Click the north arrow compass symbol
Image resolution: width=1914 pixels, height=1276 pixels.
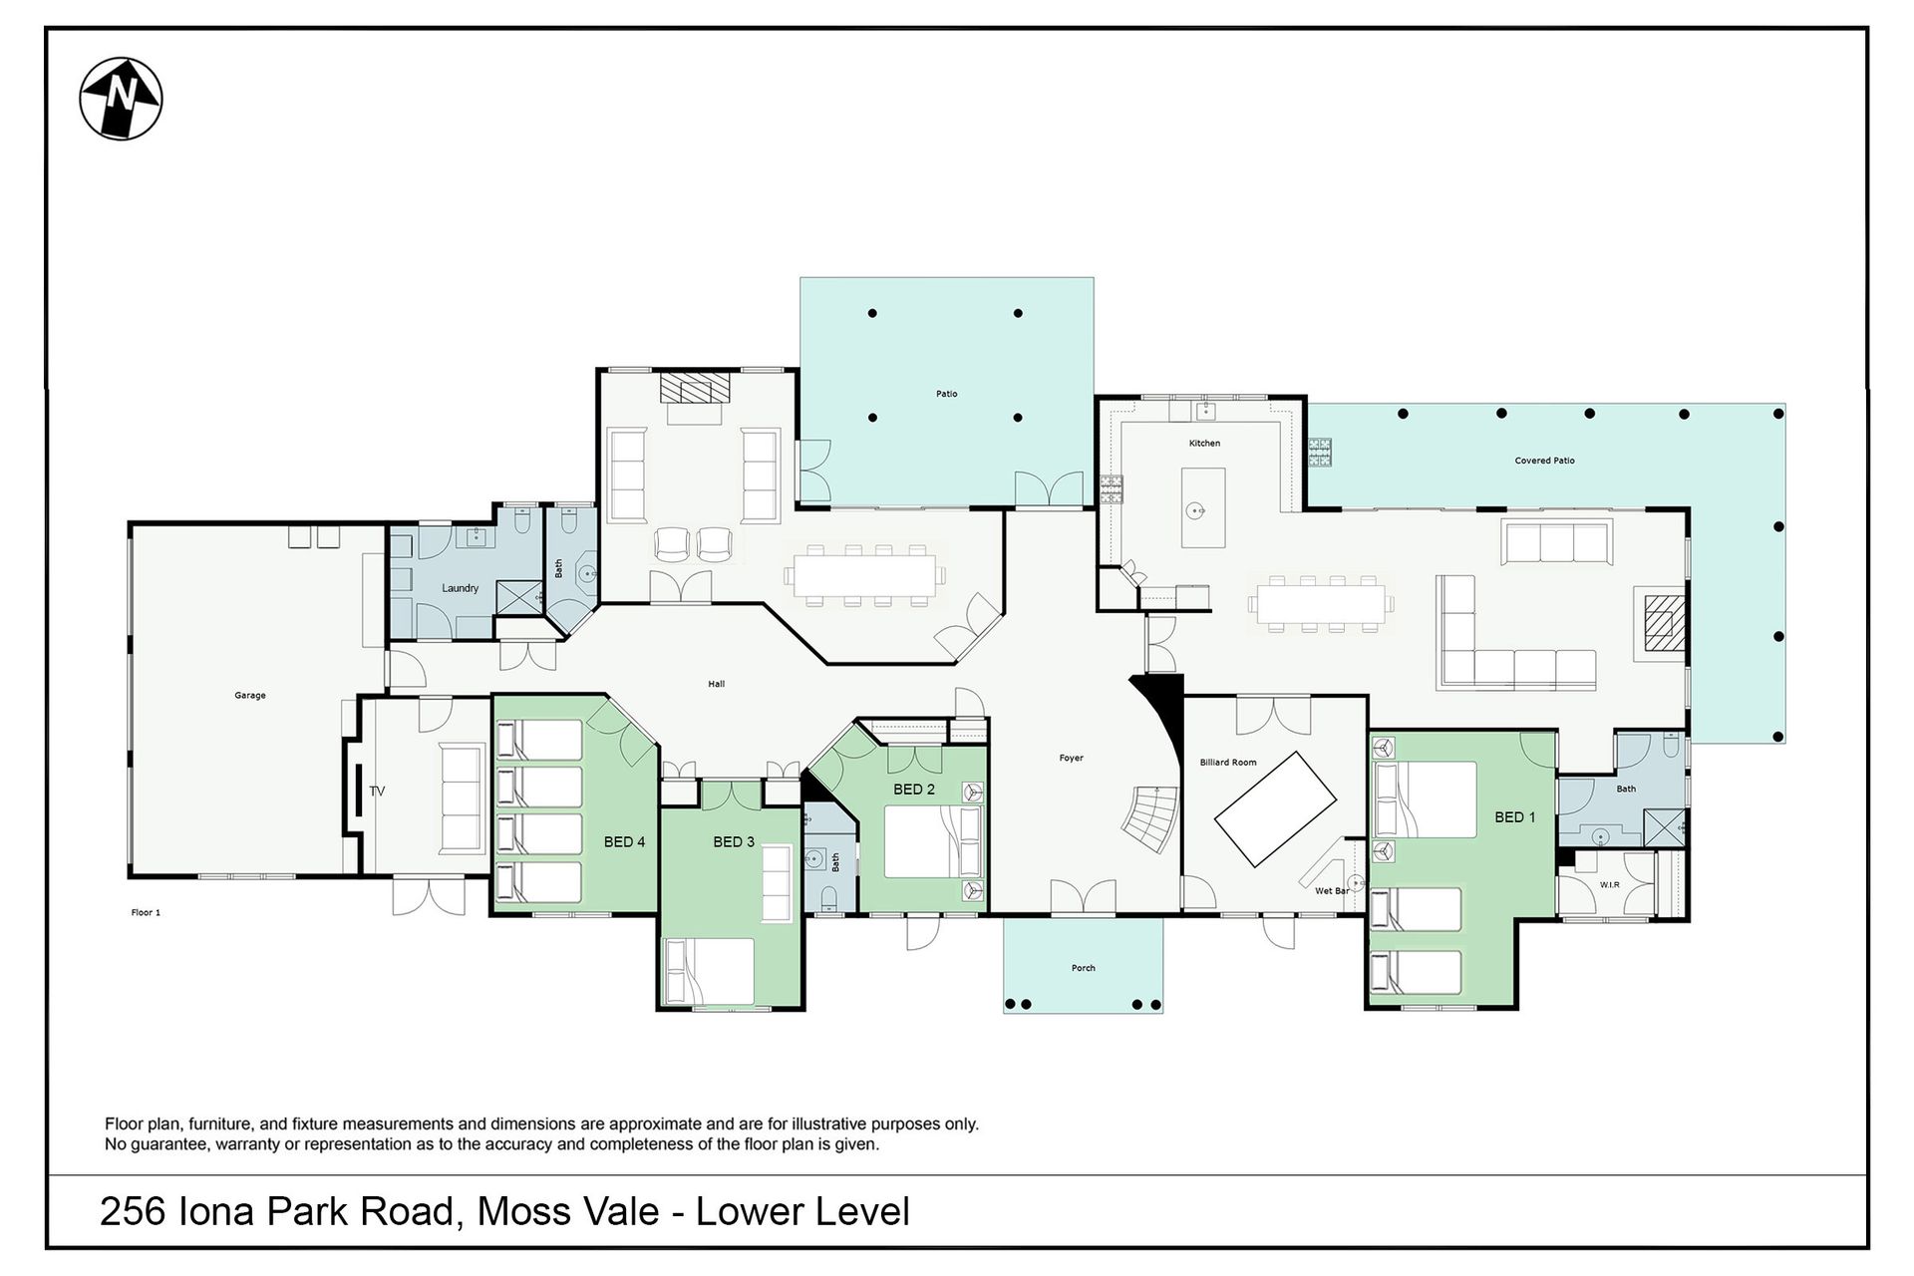(x=121, y=99)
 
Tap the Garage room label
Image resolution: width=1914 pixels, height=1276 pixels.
(x=250, y=696)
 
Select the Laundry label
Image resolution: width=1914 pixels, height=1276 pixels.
(x=461, y=588)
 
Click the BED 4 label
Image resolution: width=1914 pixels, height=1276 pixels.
(x=625, y=842)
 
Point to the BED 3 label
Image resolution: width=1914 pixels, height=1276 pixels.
(x=734, y=842)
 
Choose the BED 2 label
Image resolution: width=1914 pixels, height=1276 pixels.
(x=914, y=790)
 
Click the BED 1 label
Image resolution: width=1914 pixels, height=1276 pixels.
(x=1515, y=817)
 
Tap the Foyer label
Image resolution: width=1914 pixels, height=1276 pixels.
(x=1072, y=759)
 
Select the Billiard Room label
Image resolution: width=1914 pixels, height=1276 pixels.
(x=1228, y=763)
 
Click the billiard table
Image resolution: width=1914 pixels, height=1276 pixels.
(x=1275, y=809)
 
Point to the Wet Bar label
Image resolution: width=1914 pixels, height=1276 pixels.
(x=1332, y=891)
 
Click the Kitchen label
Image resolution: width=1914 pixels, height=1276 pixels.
(x=1204, y=444)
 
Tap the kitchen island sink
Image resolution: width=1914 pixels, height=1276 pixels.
(x=1196, y=511)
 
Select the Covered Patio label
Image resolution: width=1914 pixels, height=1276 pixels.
(x=1545, y=462)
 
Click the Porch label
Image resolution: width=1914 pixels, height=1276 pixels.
(x=1084, y=968)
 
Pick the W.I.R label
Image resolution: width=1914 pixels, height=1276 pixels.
(x=1610, y=885)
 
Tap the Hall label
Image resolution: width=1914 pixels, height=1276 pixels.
(x=717, y=685)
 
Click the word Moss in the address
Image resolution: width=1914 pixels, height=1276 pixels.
(x=519, y=1212)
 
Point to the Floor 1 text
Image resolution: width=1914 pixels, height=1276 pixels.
(x=146, y=913)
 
